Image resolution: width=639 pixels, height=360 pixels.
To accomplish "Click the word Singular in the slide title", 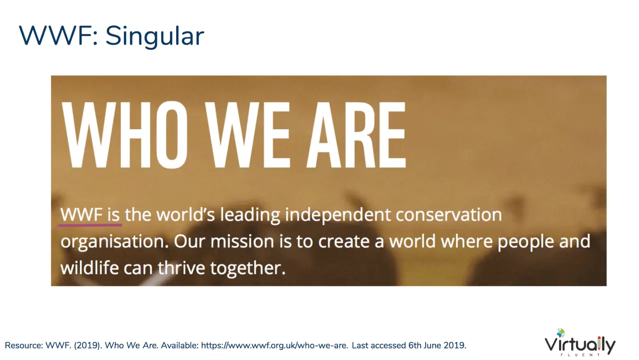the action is pyautogui.click(x=155, y=37).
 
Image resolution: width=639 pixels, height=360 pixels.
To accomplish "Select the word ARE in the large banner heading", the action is pyautogui.click(x=356, y=135).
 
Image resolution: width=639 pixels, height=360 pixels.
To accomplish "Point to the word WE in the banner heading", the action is pyautogui.click(x=248, y=135).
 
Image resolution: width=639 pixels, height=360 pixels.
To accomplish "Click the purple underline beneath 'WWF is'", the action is pyautogui.click(x=90, y=225).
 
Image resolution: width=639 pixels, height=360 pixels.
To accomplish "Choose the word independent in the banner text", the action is pyautogui.click(x=338, y=215).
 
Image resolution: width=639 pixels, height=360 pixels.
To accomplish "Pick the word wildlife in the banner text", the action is pyautogui.click(x=89, y=268).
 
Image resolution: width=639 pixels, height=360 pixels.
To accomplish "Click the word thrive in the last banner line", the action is pyautogui.click(x=181, y=268).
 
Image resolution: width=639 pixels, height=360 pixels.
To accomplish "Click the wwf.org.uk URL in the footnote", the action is pyautogui.click(x=275, y=346).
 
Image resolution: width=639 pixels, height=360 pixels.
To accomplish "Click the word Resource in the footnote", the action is pyautogui.click(x=23, y=346).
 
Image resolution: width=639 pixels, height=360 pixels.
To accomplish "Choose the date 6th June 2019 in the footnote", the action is pyautogui.click(x=437, y=346).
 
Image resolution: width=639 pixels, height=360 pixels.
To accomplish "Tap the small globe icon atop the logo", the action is pyautogui.click(x=561, y=333).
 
